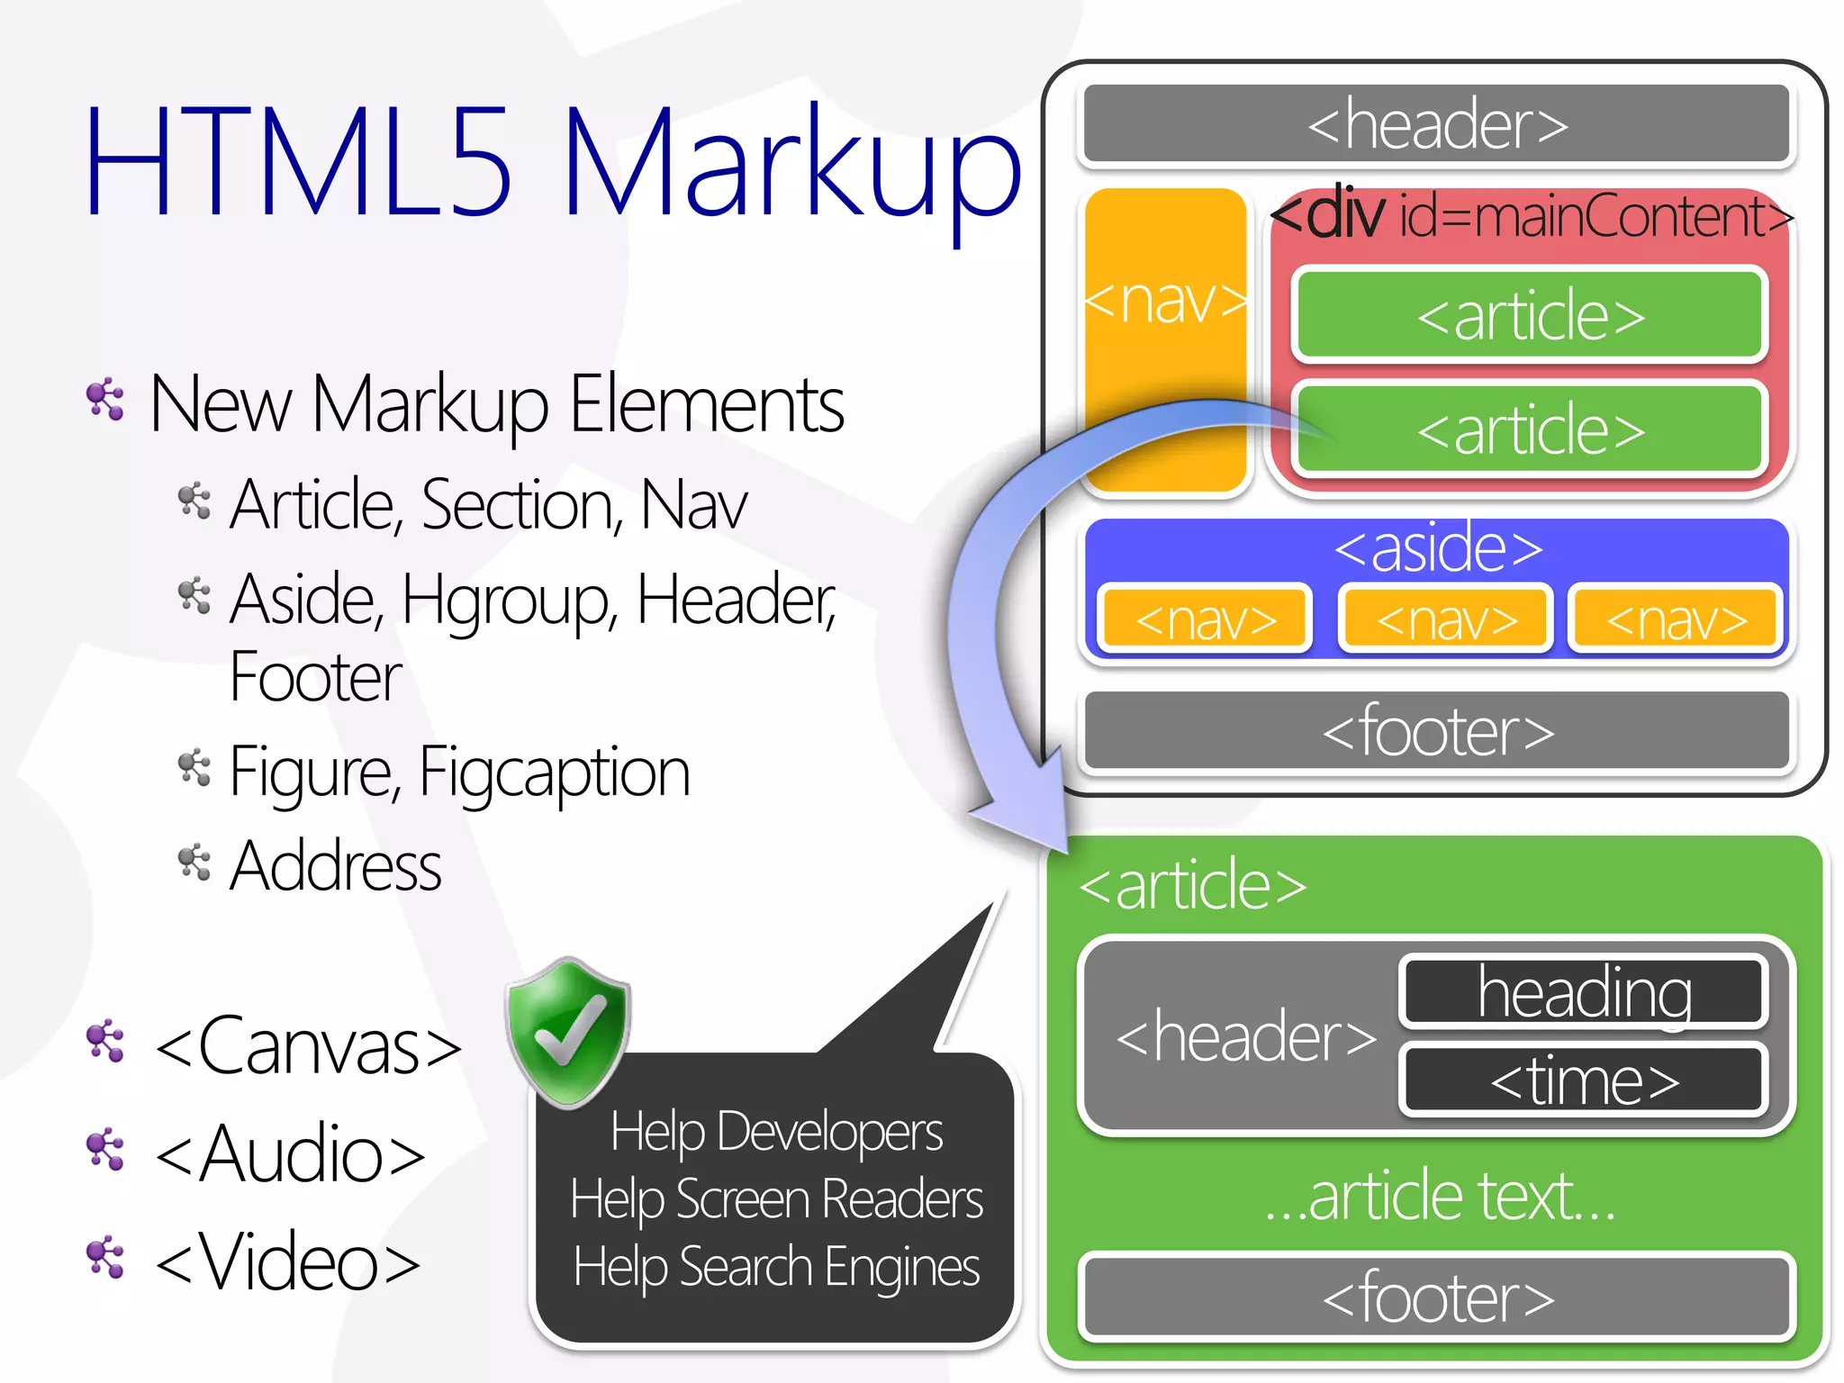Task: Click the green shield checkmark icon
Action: [x=567, y=1032]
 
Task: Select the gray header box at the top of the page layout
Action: [x=1437, y=124]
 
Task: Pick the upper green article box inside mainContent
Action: [x=1529, y=315]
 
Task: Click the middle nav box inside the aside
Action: [x=1446, y=619]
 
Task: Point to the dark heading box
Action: [x=1584, y=991]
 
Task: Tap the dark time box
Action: [x=1584, y=1080]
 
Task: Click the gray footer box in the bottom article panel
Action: [x=1437, y=1297]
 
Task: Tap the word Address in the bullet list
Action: [x=335, y=866]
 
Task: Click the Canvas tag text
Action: [x=308, y=1046]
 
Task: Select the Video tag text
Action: [x=288, y=1262]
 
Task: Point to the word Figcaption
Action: [x=554, y=773]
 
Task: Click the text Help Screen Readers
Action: [x=776, y=1199]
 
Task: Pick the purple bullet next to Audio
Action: [x=105, y=1150]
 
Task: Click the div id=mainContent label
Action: [x=1531, y=216]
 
